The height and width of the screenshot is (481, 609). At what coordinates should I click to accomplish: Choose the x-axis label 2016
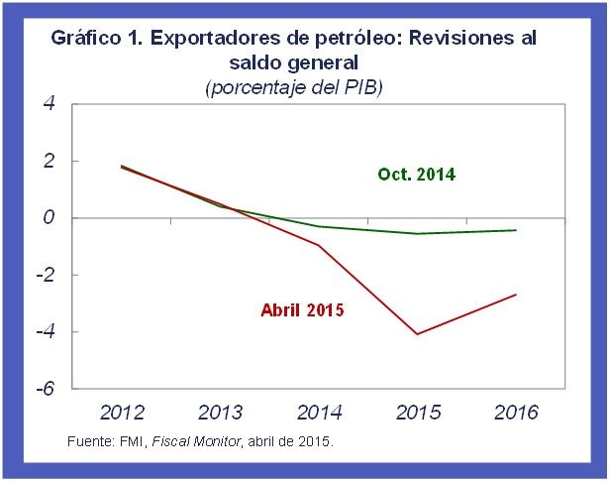point(515,413)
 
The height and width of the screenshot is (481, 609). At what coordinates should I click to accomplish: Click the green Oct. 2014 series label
point(416,175)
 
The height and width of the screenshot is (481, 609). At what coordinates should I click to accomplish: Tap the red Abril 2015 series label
point(302,310)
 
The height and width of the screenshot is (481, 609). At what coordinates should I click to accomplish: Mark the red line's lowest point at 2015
point(417,334)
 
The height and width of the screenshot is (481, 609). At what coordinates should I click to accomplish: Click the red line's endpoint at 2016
point(516,294)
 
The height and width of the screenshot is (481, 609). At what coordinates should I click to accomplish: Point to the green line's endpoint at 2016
point(516,230)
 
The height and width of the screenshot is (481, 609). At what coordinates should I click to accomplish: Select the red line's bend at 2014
point(319,245)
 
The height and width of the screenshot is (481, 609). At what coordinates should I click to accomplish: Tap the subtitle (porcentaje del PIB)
point(293,87)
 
